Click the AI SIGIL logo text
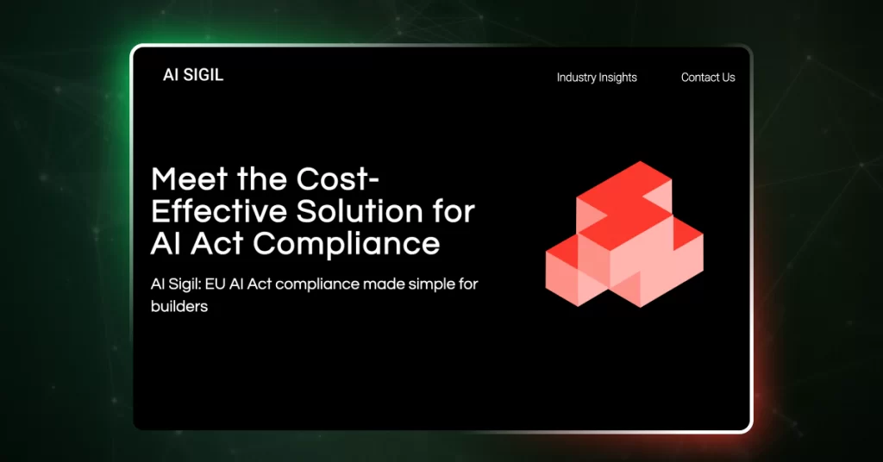click(x=193, y=75)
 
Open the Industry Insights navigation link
click(x=597, y=78)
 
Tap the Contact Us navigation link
click(x=708, y=77)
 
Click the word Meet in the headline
click(x=189, y=179)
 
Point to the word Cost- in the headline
click(x=338, y=179)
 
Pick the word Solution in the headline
click(x=360, y=211)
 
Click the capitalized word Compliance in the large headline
click(x=346, y=244)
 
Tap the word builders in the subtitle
click(x=179, y=306)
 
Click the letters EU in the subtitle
click(x=215, y=284)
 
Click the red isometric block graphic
click(x=624, y=234)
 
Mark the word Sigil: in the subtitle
click(x=185, y=284)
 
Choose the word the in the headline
click(x=262, y=179)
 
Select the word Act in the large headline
click(x=217, y=244)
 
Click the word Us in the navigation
click(x=728, y=77)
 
